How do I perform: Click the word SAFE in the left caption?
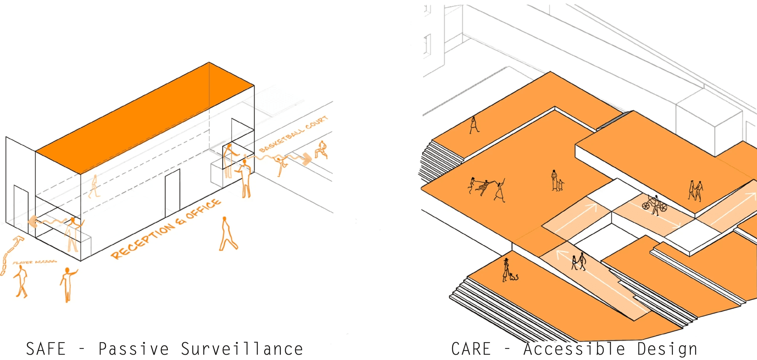click(x=46, y=349)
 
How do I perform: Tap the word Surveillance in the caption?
click(x=241, y=349)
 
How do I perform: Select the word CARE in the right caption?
click(x=471, y=349)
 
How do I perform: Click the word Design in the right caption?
click(x=667, y=349)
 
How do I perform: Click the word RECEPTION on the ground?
click(x=143, y=241)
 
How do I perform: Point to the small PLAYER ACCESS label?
click(x=35, y=262)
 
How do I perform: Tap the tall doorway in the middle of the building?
click(x=172, y=193)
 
